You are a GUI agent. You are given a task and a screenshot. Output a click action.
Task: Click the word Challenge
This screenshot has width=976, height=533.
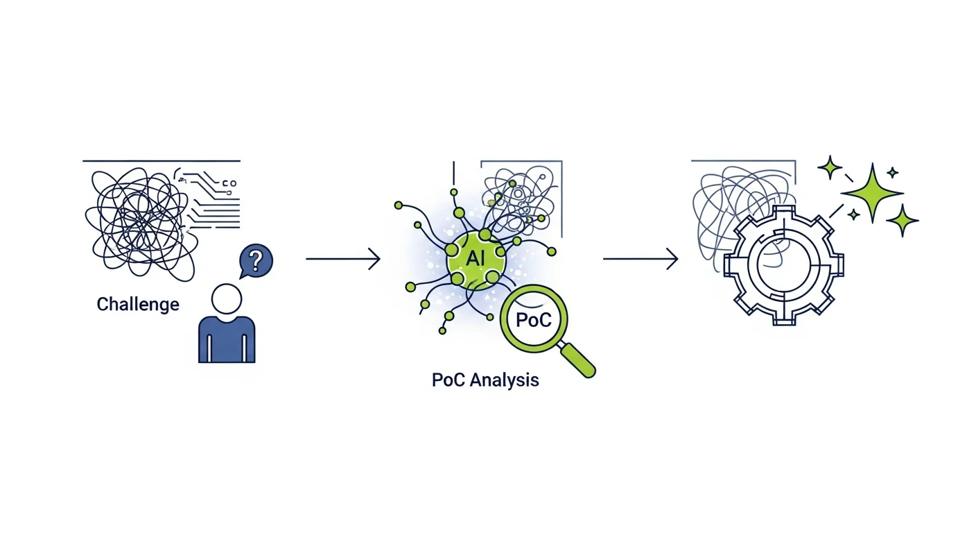(138, 304)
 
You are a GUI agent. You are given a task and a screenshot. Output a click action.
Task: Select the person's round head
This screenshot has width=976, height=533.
(226, 300)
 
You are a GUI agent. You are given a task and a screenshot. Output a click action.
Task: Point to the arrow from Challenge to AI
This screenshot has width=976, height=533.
(342, 259)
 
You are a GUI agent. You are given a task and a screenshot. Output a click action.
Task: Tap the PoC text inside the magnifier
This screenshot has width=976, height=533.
(534, 321)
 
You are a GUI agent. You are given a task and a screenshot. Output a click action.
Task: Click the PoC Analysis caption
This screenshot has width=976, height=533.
(485, 380)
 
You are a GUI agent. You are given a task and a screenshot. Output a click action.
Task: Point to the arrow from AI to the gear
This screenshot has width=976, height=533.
(639, 259)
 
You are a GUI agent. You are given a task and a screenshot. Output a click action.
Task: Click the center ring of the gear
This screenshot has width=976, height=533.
(783, 264)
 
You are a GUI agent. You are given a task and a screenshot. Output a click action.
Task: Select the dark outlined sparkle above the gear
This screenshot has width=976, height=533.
(830, 167)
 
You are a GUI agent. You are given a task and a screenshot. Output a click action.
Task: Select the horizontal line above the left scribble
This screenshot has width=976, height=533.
(162, 161)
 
